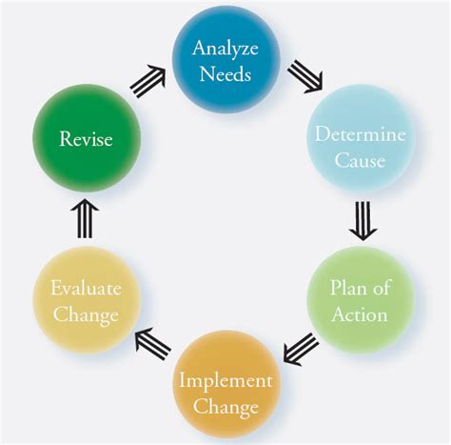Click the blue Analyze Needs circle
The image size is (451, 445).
pyautogui.click(x=225, y=59)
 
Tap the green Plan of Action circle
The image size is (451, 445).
pyautogui.click(x=359, y=300)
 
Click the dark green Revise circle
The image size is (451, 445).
pyautogui.click(x=86, y=139)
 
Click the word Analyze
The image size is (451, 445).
pyautogui.click(x=225, y=48)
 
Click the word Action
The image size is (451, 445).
pyautogui.click(x=359, y=314)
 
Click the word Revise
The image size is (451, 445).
pyautogui.click(x=86, y=140)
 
